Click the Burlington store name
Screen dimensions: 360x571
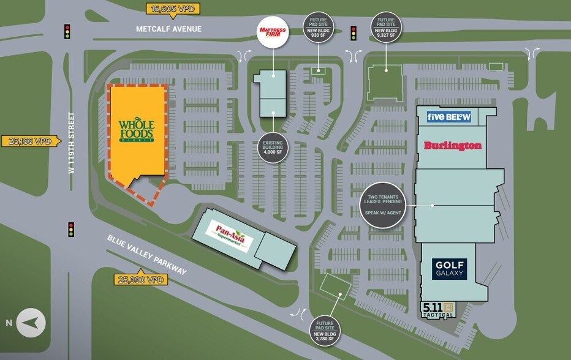(452, 146)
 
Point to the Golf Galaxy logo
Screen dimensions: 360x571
(449, 269)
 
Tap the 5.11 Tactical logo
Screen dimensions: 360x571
(438, 310)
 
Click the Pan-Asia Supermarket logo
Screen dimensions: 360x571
(230, 234)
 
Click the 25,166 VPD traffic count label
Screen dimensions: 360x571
(31, 141)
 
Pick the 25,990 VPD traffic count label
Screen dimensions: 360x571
(140, 279)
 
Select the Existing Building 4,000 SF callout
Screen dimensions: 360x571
(273, 148)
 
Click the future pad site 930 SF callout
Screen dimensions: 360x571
(318, 28)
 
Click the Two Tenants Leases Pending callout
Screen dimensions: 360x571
(384, 204)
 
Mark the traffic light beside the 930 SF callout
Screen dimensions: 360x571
(353, 32)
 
